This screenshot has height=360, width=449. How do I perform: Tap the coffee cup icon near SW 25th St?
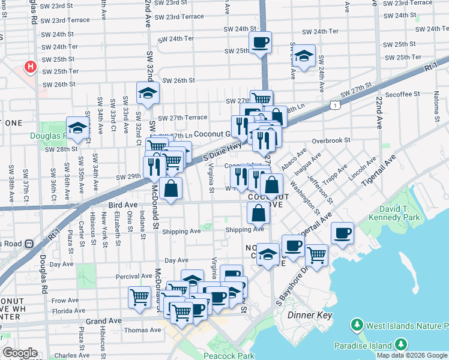(x=260, y=43)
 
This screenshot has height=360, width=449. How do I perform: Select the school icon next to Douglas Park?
(x=77, y=128)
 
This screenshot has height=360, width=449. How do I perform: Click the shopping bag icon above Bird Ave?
(x=171, y=188)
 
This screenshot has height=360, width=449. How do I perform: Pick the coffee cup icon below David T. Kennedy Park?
(x=342, y=233)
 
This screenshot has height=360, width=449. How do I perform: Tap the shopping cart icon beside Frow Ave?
(x=139, y=296)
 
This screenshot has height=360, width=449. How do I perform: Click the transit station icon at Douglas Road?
(x=28, y=244)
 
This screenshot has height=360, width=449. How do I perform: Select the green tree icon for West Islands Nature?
(x=357, y=326)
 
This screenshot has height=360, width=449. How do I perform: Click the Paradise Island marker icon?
(x=399, y=346)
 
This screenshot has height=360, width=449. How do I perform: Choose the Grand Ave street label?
(x=103, y=322)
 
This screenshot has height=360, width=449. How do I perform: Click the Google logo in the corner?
(x=20, y=353)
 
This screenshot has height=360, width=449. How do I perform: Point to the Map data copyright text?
(x=412, y=355)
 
